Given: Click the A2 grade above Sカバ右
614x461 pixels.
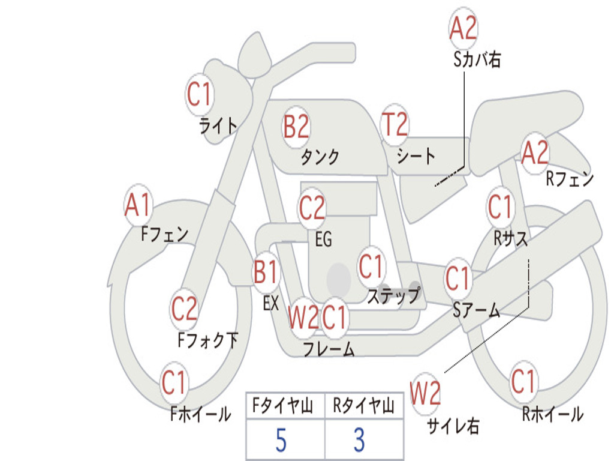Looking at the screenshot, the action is pos(463,28).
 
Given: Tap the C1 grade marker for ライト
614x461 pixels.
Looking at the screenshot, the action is pos(199,94).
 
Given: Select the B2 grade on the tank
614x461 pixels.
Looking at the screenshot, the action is pos(296,127).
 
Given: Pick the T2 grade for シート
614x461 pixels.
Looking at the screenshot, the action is pos(395,124).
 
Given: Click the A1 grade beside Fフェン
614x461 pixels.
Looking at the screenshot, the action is pos(137,205).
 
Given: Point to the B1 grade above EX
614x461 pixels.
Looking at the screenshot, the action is pos(266,272).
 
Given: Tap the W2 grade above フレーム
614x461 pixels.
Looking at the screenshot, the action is pos(303,317).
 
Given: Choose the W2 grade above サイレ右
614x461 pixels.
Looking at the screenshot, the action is pos(425,393).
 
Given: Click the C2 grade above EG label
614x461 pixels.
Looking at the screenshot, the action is pos(312,207).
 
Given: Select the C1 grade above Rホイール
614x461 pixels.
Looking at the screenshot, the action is pos(523,381).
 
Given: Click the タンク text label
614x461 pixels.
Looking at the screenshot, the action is pos(320,157).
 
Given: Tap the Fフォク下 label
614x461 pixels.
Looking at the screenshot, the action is pos(208,340).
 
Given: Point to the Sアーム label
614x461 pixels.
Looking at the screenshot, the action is pos(477,310).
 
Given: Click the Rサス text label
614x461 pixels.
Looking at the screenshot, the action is pos(510,238).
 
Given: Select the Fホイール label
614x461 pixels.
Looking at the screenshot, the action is pos(200,414).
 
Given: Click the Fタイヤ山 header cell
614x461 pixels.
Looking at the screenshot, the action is pos(283,406).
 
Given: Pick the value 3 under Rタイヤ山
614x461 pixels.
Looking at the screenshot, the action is pos(360,440).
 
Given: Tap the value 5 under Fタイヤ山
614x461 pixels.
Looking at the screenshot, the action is pos(281,440).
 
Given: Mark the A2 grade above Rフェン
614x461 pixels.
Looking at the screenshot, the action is pos(535,152).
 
